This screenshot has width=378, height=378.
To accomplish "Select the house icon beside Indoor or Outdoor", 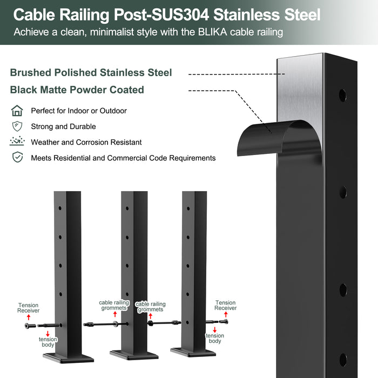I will (17, 111).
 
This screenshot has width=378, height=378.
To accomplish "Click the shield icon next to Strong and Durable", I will (17, 126).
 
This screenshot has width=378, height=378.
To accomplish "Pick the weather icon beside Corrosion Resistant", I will (17, 142).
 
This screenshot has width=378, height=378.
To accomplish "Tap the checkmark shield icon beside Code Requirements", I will (17, 158).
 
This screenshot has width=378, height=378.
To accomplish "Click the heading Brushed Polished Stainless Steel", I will (91, 73).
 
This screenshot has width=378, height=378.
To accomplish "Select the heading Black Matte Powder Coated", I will (77, 90).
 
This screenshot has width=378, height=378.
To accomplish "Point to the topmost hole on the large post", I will (343, 96).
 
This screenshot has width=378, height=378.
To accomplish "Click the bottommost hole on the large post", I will (343, 360).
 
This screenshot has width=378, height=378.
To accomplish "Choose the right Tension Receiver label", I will (225, 306).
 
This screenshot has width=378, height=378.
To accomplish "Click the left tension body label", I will (48, 342).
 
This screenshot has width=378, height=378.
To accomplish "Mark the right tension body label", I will (214, 339).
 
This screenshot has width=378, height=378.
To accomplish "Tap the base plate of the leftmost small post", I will (67, 357).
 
